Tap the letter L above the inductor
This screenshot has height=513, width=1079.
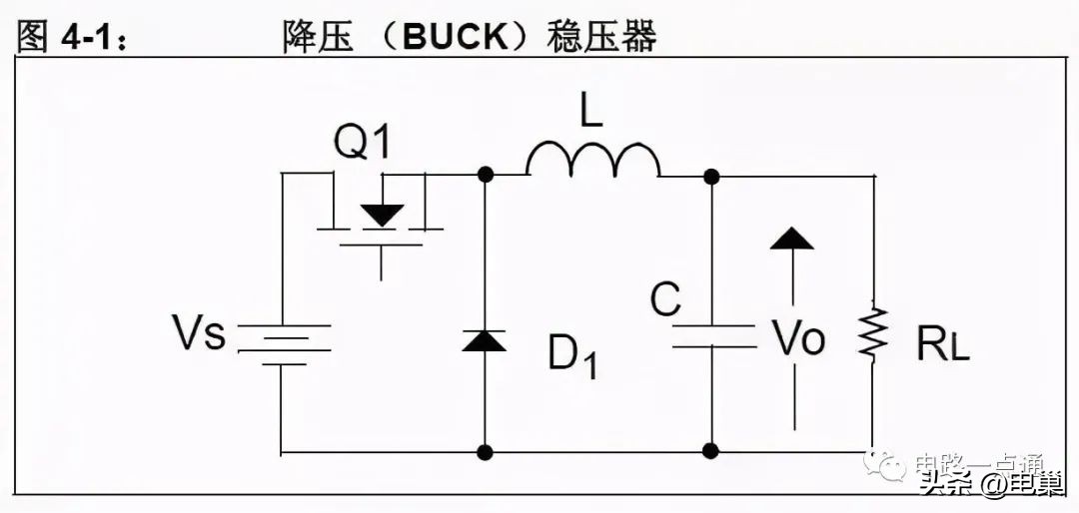(x=591, y=111)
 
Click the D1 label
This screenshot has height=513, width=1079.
(x=572, y=354)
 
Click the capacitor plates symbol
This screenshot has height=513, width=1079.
(x=712, y=336)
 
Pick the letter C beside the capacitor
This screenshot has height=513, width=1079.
(x=664, y=299)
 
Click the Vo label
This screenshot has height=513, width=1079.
(x=799, y=339)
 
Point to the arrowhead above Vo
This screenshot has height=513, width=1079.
(x=792, y=239)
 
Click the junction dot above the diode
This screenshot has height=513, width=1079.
(x=486, y=175)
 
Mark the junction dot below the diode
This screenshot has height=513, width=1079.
(x=486, y=451)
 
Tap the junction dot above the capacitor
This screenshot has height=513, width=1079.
(x=711, y=177)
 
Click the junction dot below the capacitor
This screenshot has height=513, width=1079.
(x=711, y=451)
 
